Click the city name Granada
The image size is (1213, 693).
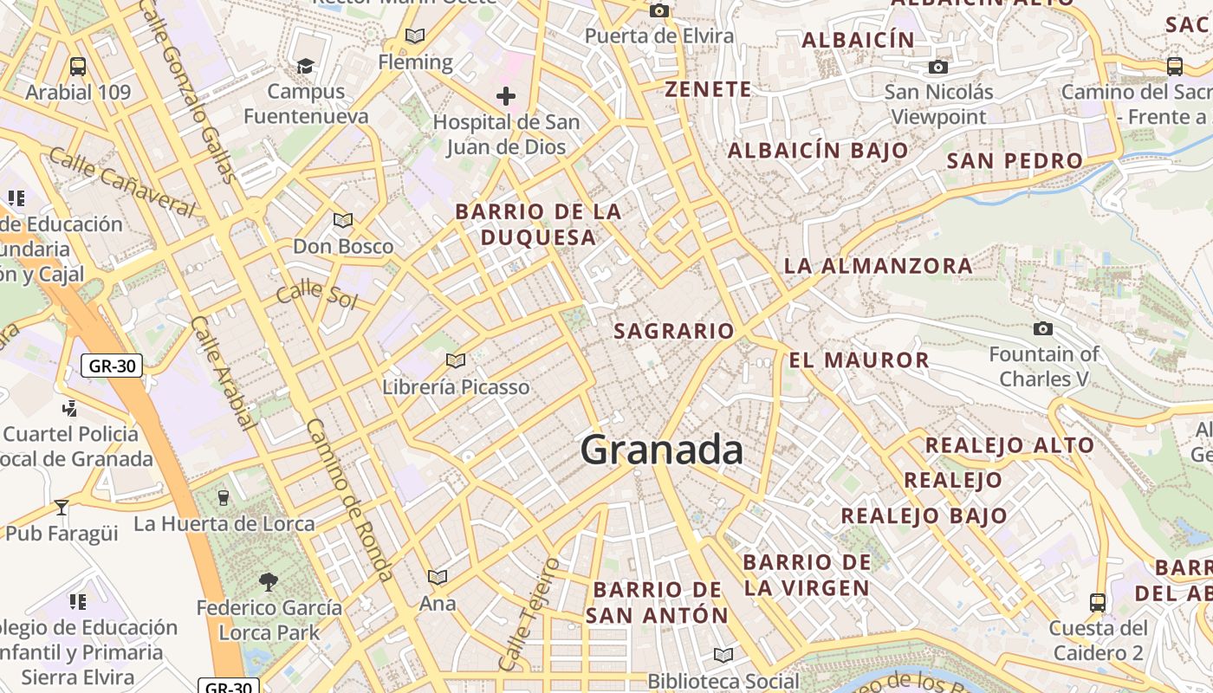pos(661,450)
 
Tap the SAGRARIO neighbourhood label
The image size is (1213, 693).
pos(674,331)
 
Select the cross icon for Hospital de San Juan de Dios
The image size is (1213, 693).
pos(506,96)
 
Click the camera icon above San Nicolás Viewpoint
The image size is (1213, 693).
pos(937,68)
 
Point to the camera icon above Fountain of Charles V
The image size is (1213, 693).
pos(1043,329)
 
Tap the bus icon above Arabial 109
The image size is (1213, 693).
pos(78,66)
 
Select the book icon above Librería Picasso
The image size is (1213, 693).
pos(456,360)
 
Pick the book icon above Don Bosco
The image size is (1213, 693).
pos(343,220)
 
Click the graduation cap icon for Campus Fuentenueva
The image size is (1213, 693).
pos(305,66)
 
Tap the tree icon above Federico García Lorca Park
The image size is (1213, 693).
pos(269,581)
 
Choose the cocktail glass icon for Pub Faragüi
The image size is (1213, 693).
pos(61,507)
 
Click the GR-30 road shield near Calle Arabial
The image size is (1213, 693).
pos(112,366)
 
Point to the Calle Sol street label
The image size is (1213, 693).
pos(316,295)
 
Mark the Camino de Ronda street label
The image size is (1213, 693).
pos(350,500)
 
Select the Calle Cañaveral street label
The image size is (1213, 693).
pos(121,181)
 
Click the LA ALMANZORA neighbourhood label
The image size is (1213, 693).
pos(878,266)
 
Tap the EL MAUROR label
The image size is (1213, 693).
pos(859,360)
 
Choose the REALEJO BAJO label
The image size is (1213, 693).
pos(924,516)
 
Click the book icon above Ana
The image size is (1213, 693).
pos(438,577)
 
